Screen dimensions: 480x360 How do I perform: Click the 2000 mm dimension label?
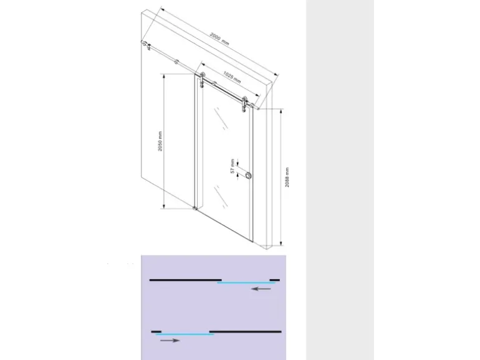(219, 39)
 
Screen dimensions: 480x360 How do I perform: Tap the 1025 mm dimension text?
(232, 77)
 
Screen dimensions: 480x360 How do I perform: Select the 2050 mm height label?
(160, 141)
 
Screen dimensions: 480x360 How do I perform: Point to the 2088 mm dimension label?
(287, 178)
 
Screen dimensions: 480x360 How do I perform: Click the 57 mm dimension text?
(233, 167)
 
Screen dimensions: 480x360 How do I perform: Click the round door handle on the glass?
(248, 176)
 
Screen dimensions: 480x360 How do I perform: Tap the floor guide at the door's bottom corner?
(195, 208)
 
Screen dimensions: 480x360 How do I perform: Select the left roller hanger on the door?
(202, 80)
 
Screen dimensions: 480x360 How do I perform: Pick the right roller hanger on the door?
(244, 104)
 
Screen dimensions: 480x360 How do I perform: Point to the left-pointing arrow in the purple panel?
(261, 288)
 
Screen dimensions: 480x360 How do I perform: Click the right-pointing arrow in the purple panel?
(170, 341)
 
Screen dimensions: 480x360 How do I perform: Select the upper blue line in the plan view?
(246, 283)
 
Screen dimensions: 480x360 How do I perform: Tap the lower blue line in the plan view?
(185, 334)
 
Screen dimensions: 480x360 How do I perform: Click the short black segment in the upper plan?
(274, 280)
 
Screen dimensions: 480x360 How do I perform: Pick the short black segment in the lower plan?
(156, 331)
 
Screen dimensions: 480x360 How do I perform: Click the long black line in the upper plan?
(186, 280)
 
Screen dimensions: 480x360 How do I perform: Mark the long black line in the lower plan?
(245, 331)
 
